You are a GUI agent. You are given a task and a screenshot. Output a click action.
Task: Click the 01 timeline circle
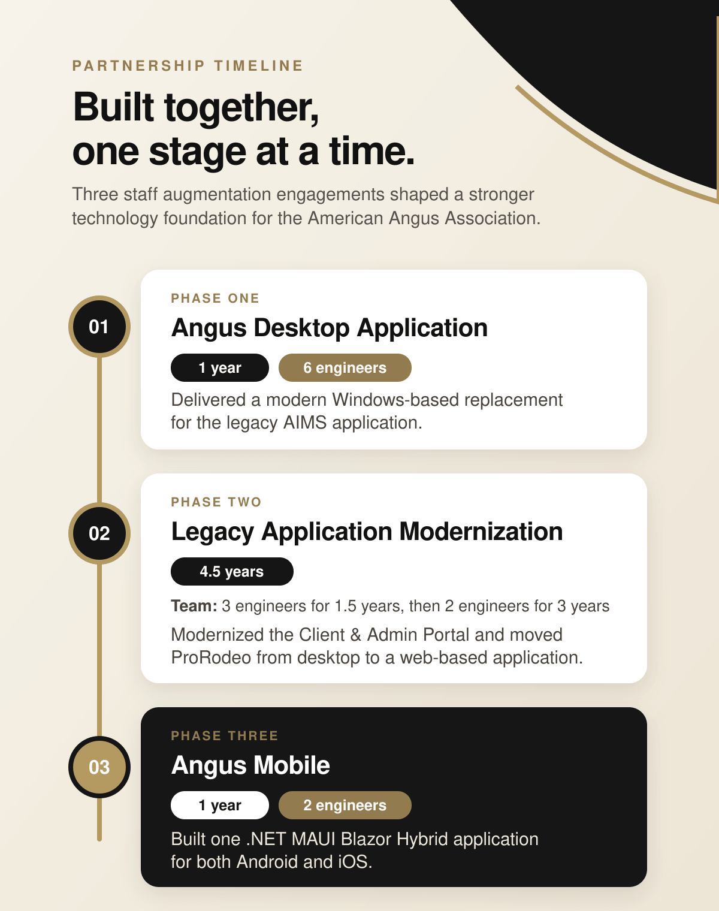pos(99,327)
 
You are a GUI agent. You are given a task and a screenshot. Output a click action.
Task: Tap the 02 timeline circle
pos(99,533)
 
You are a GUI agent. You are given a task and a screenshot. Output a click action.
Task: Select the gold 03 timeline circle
pos(99,767)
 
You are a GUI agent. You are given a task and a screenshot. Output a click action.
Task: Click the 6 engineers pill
pos(345,367)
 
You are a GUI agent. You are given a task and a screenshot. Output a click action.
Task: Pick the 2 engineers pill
pos(345,805)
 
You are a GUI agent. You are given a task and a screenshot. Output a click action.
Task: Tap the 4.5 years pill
pos(232,572)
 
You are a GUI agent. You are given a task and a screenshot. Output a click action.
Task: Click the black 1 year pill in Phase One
pos(220,367)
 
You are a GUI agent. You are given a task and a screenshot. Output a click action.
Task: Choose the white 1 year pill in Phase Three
pos(220,805)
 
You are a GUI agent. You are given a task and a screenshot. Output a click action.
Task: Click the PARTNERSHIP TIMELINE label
pos(188,65)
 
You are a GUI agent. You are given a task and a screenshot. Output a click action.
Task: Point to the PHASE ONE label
pos(215,298)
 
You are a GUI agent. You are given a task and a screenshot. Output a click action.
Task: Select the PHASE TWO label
pos(216,502)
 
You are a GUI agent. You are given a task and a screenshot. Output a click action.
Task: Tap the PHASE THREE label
pos(225,736)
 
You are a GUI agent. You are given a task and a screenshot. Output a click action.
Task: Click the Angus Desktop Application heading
pos(329,328)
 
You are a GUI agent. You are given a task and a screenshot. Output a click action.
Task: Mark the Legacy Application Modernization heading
pos(367,532)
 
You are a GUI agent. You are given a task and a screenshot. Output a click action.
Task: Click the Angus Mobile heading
pos(250,765)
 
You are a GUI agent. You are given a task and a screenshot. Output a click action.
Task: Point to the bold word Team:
pos(194,606)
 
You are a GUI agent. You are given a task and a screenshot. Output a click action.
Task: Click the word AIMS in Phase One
pos(305,423)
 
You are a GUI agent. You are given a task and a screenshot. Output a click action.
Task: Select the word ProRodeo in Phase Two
pos(211,657)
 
